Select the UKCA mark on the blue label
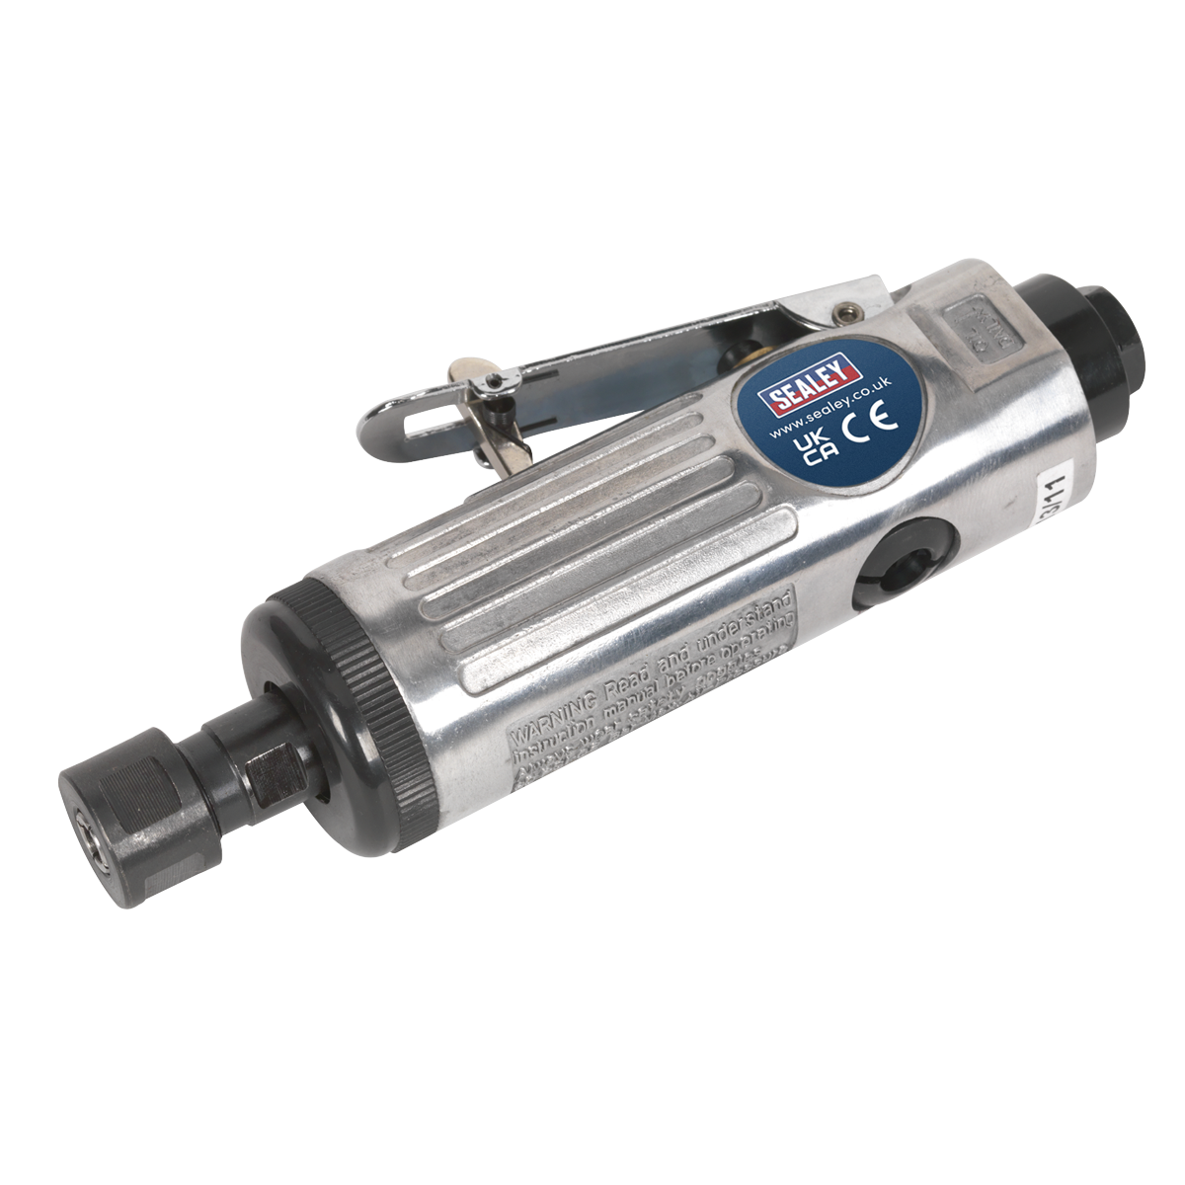coord(816,448)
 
